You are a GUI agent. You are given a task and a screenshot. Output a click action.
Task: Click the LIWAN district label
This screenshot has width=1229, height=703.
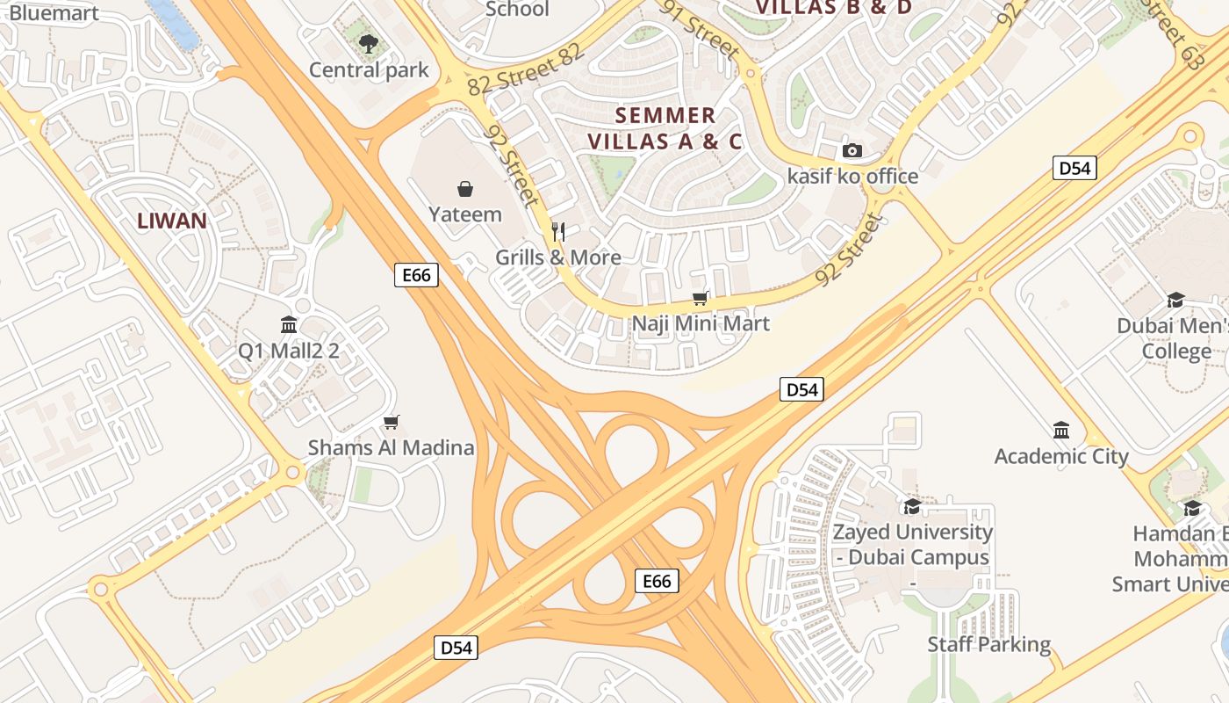tap(172, 221)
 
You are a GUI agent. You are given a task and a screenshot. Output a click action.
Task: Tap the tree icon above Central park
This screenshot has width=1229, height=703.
tap(369, 43)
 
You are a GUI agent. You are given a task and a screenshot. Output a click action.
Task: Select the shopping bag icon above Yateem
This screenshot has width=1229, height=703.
tap(465, 188)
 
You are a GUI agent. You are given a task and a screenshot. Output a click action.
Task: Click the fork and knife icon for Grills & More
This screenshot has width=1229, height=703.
tap(558, 231)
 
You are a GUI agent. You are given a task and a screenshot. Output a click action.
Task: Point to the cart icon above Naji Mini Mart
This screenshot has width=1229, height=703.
tap(701, 298)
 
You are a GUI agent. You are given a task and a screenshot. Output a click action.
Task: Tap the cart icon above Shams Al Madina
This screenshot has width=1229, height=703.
tap(392, 423)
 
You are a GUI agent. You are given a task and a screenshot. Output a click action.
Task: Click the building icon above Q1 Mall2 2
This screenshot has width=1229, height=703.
tap(289, 325)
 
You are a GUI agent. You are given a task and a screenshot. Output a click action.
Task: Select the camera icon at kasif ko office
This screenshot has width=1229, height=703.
tap(852, 150)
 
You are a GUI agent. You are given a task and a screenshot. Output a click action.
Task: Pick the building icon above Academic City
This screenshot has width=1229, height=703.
tap(1061, 431)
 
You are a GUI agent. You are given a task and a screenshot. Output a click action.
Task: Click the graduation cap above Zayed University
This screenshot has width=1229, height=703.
tap(912, 506)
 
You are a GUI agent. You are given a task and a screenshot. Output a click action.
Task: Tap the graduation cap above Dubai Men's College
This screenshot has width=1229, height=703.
tap(1175, 301)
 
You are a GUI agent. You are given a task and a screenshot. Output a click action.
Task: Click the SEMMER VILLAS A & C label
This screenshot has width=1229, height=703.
tap(665, 128)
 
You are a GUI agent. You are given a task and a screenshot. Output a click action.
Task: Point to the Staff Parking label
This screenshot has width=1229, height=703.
tap(989, 644)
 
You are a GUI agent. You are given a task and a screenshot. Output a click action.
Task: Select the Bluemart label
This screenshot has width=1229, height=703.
tap(54, 12)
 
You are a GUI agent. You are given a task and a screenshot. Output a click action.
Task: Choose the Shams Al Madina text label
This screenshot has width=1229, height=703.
tap(391, 448)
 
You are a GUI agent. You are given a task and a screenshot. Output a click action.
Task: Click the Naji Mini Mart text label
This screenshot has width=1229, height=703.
tap(701, 323)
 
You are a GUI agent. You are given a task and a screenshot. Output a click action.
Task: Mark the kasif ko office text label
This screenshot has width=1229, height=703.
tap(852, 177)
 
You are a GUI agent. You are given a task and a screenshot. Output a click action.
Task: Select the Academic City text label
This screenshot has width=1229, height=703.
tap(1060, 456)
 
